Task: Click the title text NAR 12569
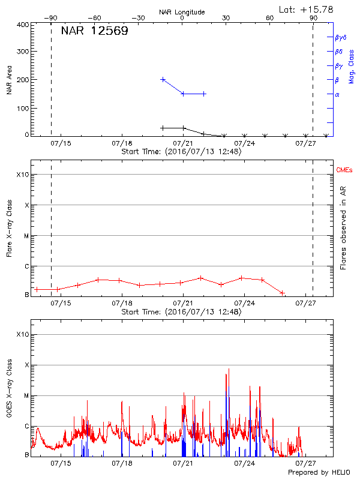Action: pyautogui.click(x=94, y=31)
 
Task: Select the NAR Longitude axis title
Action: pyautogui.click(x=182, y=12)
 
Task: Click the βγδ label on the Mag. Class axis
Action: pyautogui.click(x=340, y=37)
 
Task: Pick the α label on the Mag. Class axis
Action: pyautogui.click(x=337, y=94)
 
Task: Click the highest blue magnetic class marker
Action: pyautogui.click(x=163, y=79)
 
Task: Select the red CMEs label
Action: pyautogui.click(x=344, y=171)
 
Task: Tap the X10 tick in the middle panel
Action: pyautogui.click(x=22, y=175)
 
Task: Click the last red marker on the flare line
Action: pyautogui.click(x=283, y=293)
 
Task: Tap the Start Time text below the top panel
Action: pyautogui.click(x=181, y=152)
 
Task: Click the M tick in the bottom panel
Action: pyautogui.click(x=26, y=395)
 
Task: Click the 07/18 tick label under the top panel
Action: pyautogui.click(x=122, y=143)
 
